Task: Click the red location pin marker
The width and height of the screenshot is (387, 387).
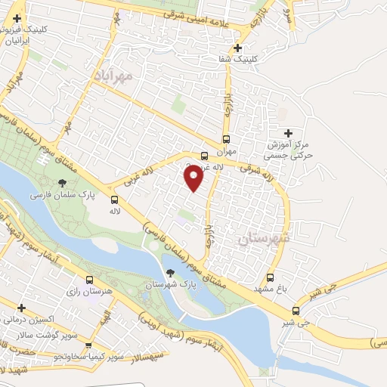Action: pyautogui.click(x=194, y=176)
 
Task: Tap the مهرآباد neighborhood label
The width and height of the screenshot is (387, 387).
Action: pyautogui.click(x=114, y=76)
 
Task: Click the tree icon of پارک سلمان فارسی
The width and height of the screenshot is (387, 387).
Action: pyautogui.click(x=62, y=183)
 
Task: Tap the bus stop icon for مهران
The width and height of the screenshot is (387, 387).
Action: pyautogui.click(x=226, y=139)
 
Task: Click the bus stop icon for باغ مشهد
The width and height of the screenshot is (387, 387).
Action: pyautogui.click(x=271, y=277)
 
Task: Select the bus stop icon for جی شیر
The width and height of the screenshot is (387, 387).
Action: pyautogui.click(x=296, y=310)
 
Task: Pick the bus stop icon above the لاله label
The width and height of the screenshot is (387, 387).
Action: pyautogui.click(x=114, y=200)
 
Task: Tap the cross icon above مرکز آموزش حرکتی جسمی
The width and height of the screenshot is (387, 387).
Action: pyautogui.click(x=288, y=133)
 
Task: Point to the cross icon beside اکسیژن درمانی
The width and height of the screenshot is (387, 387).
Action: pyautogui.click(x=21, y=308)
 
